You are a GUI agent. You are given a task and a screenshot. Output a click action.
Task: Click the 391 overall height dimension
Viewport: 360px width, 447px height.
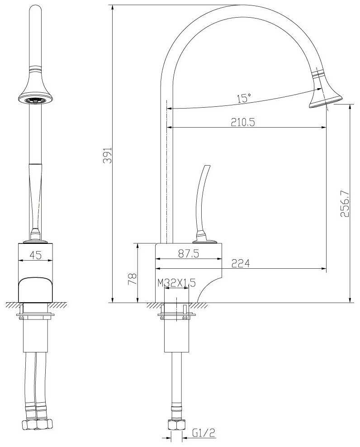point(108,155)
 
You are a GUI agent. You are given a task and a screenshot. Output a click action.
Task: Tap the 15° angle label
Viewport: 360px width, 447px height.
point(244,98)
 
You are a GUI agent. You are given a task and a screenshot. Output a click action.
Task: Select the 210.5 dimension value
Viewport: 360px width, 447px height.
point(243,122)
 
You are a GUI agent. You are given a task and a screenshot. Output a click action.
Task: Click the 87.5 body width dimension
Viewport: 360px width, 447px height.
point(189,253)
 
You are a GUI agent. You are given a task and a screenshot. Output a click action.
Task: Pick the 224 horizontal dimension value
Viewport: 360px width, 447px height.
point(240,263)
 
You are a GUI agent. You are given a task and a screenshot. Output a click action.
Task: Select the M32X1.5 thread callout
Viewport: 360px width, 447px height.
point(177,283)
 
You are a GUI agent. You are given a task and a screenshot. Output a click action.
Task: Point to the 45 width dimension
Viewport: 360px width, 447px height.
point(36,255)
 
